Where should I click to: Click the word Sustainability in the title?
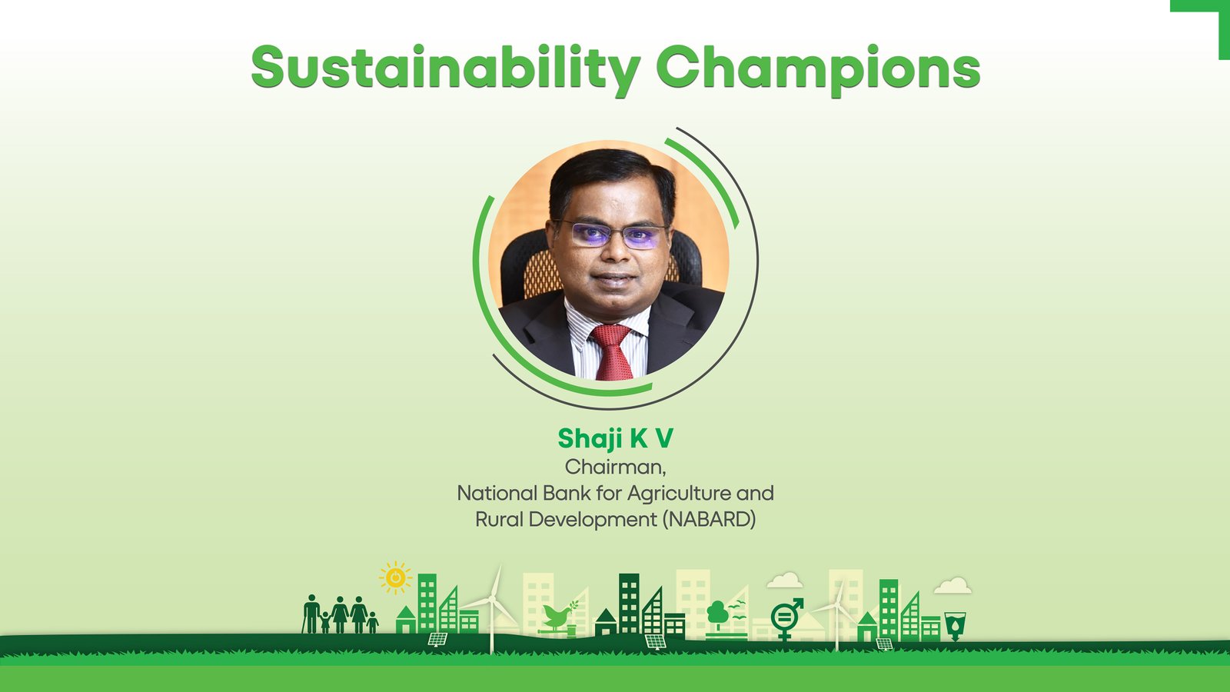click(446, 69)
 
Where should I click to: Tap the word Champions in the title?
click(818, 69)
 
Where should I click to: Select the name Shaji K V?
click(616, 439)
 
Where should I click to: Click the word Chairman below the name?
click(614, 467)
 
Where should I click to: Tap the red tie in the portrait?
click(612, 351)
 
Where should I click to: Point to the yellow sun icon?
click(395, 577)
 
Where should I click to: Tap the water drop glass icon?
click(955, 626)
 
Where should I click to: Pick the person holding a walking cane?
click(311, 614)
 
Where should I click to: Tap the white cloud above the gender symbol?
click(785, 581)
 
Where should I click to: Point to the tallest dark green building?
click(629, 604)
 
